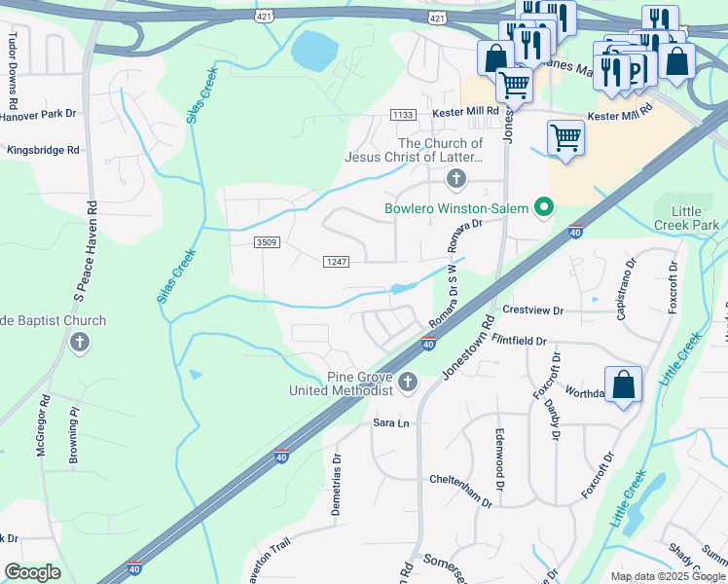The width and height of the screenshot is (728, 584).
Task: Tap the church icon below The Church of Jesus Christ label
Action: pyautogui.click(x=455, y=178)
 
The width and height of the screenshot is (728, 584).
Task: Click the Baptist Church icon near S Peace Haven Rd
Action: pyautogui.click(x=80, y=342)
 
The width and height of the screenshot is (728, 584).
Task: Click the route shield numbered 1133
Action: pyautogui.click(x=403, y=115)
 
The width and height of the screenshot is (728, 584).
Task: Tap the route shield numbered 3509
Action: pyautogui.click(x=265, y=241)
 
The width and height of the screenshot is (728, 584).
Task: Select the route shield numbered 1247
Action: pyautogui.click(x=336, y=261)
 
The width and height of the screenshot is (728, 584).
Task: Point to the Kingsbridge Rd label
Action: pyautogui.click(x=43, y=151)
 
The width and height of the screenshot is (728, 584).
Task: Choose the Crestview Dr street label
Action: pyautogui.click(x=533, y=310)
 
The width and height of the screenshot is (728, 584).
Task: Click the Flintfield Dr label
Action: pyautogui.click(x=506, y=342)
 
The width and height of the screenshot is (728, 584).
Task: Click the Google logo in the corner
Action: pyautogui.click(x=32, y=572)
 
